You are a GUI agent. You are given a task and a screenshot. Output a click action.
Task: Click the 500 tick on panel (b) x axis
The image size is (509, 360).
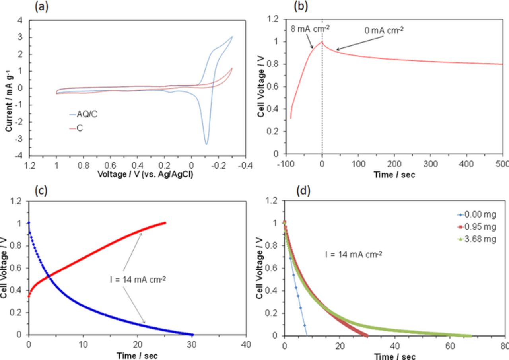[503, 164]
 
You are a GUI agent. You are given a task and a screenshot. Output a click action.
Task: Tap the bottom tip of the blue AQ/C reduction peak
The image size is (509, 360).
[206, 144]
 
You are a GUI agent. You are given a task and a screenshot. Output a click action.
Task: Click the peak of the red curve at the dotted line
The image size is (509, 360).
[322, 42]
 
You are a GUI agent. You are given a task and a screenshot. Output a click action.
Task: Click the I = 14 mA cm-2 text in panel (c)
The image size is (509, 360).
[138, 279]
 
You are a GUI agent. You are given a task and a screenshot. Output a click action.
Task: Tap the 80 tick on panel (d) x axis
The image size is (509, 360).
[504, 345]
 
